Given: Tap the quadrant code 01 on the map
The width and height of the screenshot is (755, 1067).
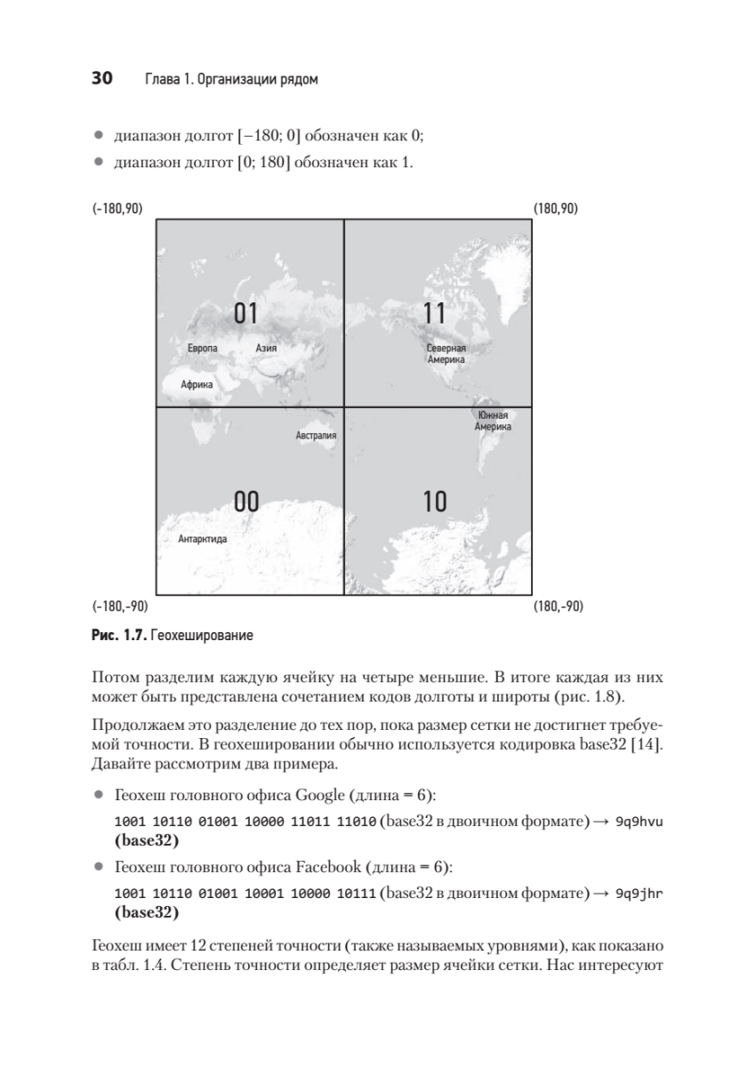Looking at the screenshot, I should click(245, 313).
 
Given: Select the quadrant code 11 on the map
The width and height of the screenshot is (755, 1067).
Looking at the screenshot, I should click(434, 313).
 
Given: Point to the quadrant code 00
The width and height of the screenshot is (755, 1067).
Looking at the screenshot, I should click(245, 501).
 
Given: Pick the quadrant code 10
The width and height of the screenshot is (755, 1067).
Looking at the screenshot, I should click(435, 501).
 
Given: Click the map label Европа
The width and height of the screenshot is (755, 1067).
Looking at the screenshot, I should click(203, 349).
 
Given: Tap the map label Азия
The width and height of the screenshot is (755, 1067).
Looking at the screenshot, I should click(266, 349).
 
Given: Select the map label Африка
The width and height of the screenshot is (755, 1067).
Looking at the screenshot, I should click(197, 386).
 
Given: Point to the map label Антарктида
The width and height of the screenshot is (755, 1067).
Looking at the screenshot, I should click(203, 539).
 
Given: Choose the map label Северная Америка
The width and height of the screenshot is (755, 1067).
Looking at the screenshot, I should click(446, 355).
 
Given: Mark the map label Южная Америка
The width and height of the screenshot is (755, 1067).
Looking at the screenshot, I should click(493, 421).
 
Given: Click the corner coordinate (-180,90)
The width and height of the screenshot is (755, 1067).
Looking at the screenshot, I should click(116, 209).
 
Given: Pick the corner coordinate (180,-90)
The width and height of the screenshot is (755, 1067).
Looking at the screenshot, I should click(558, 607).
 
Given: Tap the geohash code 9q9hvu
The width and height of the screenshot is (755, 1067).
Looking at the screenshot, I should click(640, 822).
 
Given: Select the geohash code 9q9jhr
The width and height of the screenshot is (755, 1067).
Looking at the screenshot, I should click(640, 893).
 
